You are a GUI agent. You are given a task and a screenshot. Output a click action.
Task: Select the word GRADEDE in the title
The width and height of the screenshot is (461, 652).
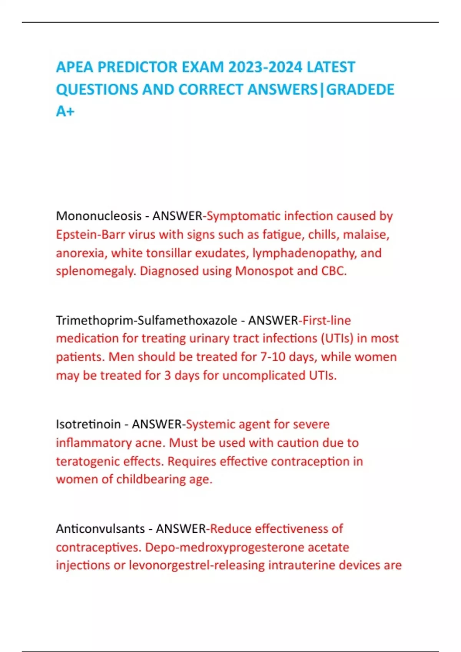(x=360, y=89)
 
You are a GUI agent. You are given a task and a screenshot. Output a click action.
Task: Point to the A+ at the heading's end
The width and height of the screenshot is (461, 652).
(x=65, y=111)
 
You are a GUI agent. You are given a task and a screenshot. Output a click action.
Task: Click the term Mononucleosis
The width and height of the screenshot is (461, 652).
(x=99, y=216)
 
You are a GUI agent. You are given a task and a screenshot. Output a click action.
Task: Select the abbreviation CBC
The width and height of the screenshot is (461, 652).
(x=334, y=271)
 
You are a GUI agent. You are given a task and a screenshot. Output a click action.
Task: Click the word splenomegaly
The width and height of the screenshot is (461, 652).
(x=96, y=271)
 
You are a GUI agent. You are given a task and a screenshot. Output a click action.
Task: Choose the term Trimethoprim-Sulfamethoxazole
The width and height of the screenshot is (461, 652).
(x=146, y=320)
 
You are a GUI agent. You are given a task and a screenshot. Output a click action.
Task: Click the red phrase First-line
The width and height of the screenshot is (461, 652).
(x=327, y=320)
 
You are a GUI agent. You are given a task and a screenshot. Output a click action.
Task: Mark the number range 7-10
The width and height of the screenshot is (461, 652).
(x=273, y=357)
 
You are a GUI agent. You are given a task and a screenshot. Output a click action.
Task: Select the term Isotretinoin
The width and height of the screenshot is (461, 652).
(x=88, y=424)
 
